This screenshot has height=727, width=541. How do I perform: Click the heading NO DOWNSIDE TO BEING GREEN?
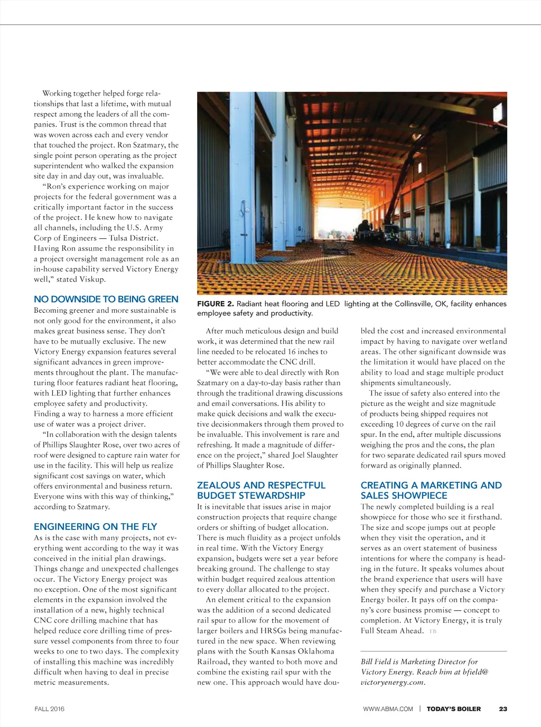pyautogui.click(x=106, y=299)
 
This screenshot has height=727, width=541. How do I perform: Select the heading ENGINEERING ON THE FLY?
pyautogui.click(x=95, y=526)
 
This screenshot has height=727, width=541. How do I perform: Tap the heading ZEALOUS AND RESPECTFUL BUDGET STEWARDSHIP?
pyautogui.click(x=261, y=490)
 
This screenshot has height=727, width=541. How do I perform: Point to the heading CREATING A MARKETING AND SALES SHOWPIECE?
pyautogui.click(x=431, y=490)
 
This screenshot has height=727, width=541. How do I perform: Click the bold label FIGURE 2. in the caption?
pyautogui.click(x=215, y=304)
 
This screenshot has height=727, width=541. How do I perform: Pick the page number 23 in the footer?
pyautogui.click(x=503, y=709)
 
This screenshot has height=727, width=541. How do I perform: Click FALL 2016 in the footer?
pyautogui.click(x=49, y=709)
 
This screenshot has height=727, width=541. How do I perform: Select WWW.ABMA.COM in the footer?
pyautogui.click(x=388, y=709)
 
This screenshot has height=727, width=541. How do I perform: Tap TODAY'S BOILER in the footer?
pyautogui.click(x=453, y=709)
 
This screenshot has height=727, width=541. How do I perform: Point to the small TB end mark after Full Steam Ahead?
pyautogui.click(x=433, y=631)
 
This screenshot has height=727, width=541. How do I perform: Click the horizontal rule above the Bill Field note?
pyautogui.click(x=433, y=651)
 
